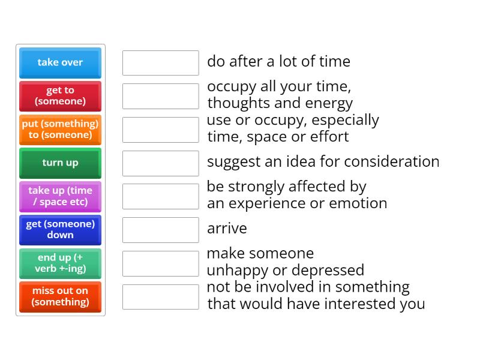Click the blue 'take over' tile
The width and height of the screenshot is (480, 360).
pyautogui.click(x=61, y=63)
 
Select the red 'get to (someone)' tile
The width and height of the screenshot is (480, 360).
pyautogui.click(x=61, y=96)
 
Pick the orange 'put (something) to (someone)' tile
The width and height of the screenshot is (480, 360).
pyautogui.click(x=61, y=130)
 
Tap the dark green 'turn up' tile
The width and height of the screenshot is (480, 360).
pyautogui.click(x=61, y=163)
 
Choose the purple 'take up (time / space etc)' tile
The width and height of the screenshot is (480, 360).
pyautogui.click(x=61, y=197)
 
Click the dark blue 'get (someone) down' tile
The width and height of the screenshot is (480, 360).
pyautogui.click(x=61, y=230)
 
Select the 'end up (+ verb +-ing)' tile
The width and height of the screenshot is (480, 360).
pyautogui.click(x=61, y=263)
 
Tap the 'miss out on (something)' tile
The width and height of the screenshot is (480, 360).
pyautogui.click(x=61, y=296)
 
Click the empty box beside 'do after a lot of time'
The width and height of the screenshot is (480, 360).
pyautogui.click(x=161, y=63)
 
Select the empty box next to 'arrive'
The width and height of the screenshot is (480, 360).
pyautogui.click(x=161, y=230)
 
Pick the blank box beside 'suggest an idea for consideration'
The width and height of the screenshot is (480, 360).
pyautogui.click(x=161, y=163)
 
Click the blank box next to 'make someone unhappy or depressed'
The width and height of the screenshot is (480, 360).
pyautogui.click(x=161, y=263)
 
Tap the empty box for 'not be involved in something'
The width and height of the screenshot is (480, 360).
pyautogui.click(x=161, y=297)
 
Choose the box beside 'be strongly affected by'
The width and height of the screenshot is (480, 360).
pyautogui.click(x=161, y=197)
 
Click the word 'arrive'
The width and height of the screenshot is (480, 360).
pyautogui.click(x=227, y=229)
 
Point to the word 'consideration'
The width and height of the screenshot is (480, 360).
pyautogui.click(x=392, y=161)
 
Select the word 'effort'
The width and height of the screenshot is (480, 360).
pyautogui.click(x=329, y=136)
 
